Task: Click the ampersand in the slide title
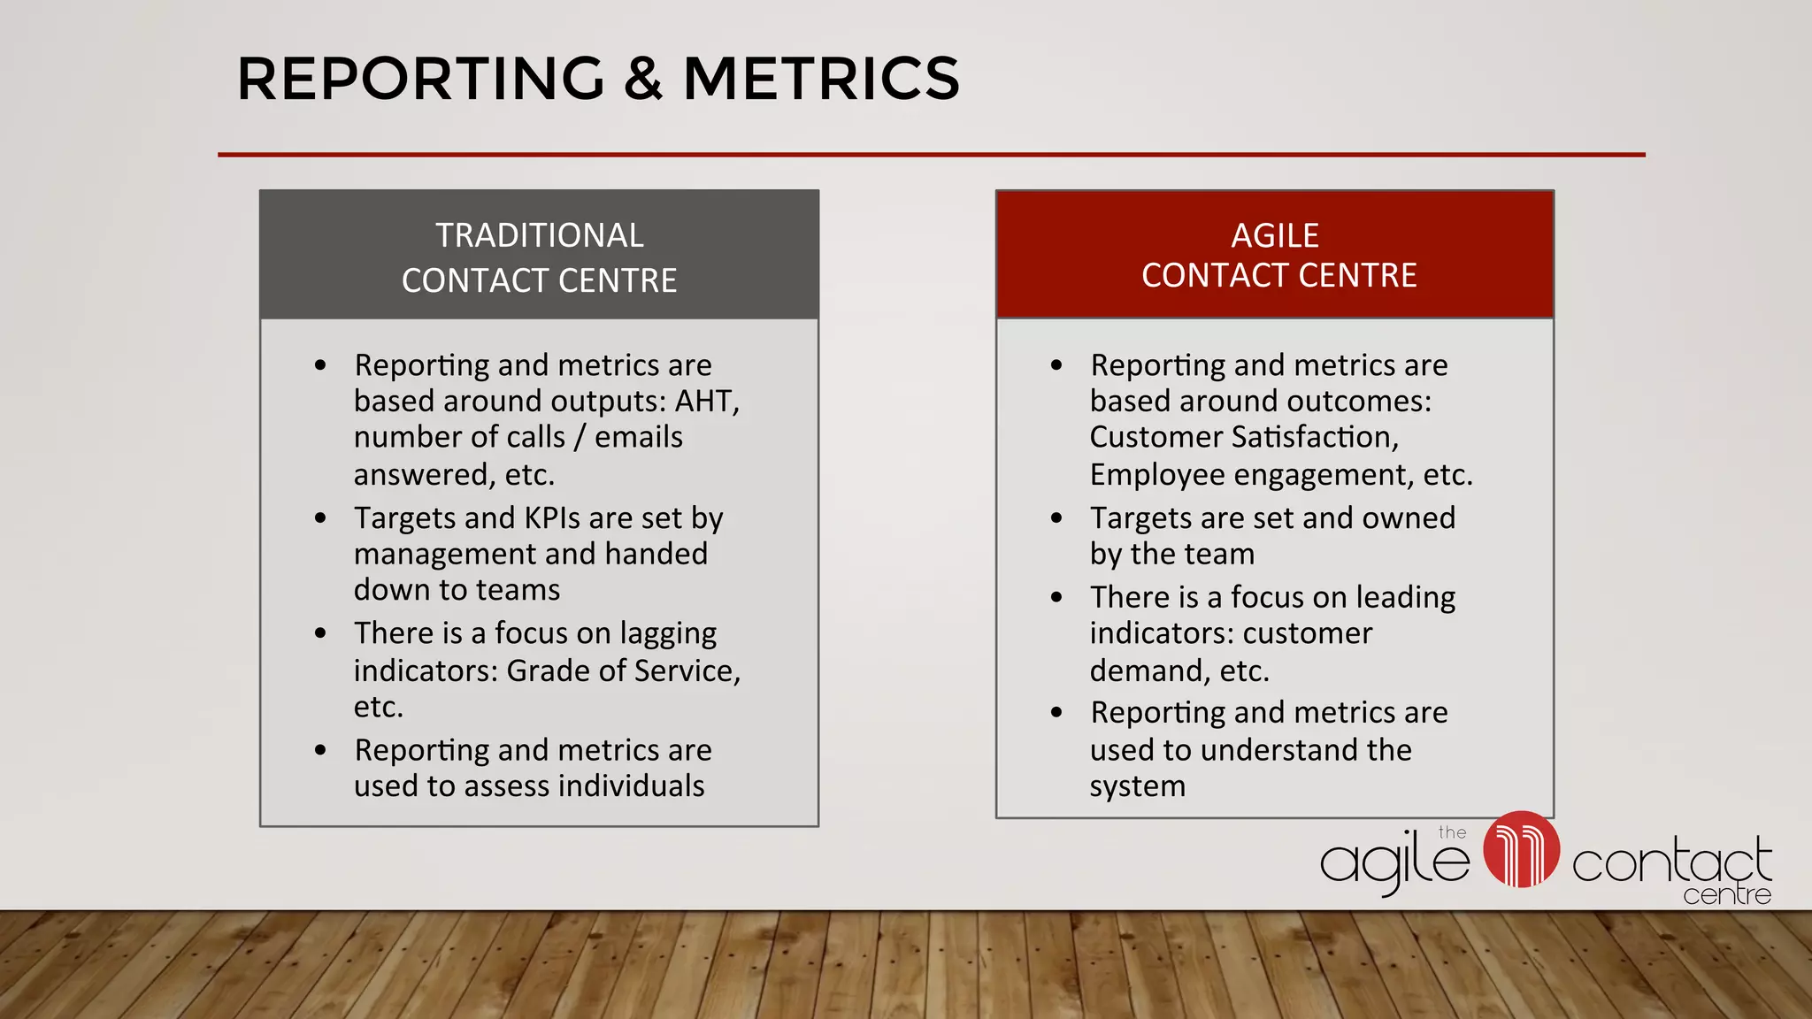click(643, 79)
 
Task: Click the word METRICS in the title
click(821, 79)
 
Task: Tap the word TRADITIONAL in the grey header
click(539, 235)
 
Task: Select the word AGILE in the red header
click(1275, 235)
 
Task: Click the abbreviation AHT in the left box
click(704, 402)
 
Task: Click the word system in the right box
click(1137, 786)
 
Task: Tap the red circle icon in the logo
click(1521, 849)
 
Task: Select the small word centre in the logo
click(1726, 894)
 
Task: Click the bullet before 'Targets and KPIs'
click(320, 518)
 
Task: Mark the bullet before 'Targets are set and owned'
click(1056, 518)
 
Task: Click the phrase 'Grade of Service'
click(622, 671)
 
